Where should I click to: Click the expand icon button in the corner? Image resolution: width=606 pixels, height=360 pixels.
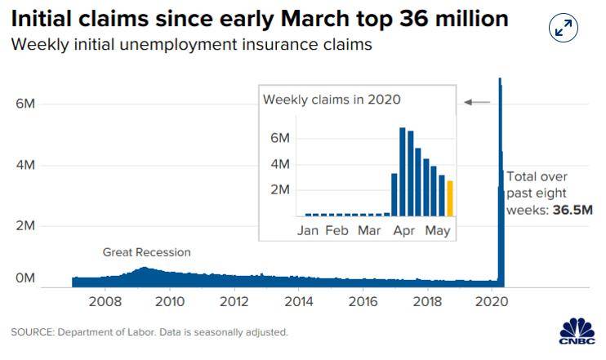click(563, 29)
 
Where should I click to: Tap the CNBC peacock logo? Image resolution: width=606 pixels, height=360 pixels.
click(577, 331)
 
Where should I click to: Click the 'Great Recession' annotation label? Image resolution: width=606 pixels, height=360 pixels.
click(146, 252)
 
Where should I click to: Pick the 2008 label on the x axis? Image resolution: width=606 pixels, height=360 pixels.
click(105, 301)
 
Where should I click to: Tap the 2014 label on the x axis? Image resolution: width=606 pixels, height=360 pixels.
click(298, 301)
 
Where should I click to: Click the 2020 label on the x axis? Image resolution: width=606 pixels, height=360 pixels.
click(492, 301)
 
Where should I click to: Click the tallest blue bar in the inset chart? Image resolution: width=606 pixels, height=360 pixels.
click(403, 171)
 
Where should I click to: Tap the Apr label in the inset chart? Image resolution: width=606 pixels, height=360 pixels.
click(403, 230)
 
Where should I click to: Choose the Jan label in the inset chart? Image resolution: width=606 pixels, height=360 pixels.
click(308, 230)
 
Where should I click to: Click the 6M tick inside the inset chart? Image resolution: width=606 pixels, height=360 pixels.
click(280, 139)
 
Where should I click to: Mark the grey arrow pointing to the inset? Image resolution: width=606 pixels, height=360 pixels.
click(477, 102)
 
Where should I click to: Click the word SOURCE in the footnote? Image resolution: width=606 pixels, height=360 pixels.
click(32, 332)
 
